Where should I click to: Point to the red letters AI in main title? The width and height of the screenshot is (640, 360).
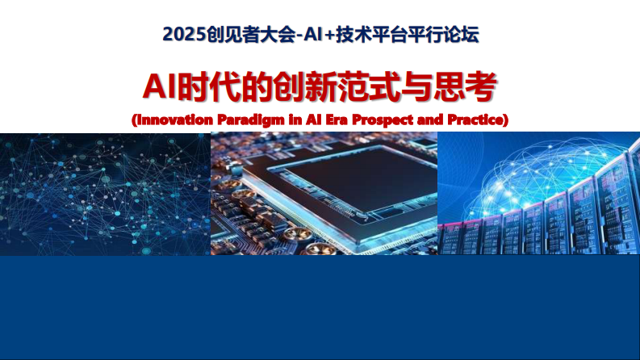(158, 86)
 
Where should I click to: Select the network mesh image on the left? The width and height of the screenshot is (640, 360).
(105, 194)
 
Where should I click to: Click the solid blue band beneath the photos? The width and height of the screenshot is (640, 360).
(320, 307)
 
